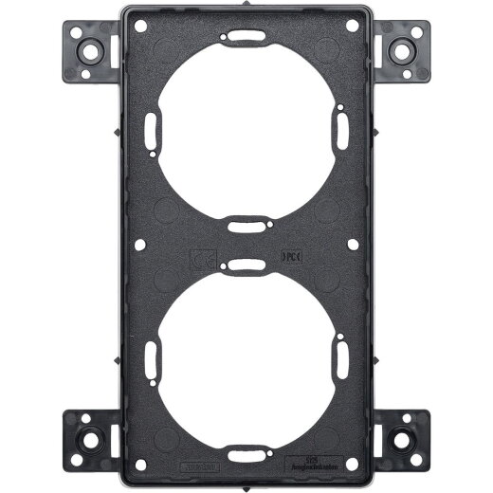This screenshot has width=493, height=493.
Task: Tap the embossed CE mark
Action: click(201, 256)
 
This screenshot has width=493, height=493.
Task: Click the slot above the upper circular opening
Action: click(246, 37)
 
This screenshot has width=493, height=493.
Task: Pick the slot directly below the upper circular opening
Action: click(246, 225)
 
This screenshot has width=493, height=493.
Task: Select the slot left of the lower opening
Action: click(152, 358)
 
